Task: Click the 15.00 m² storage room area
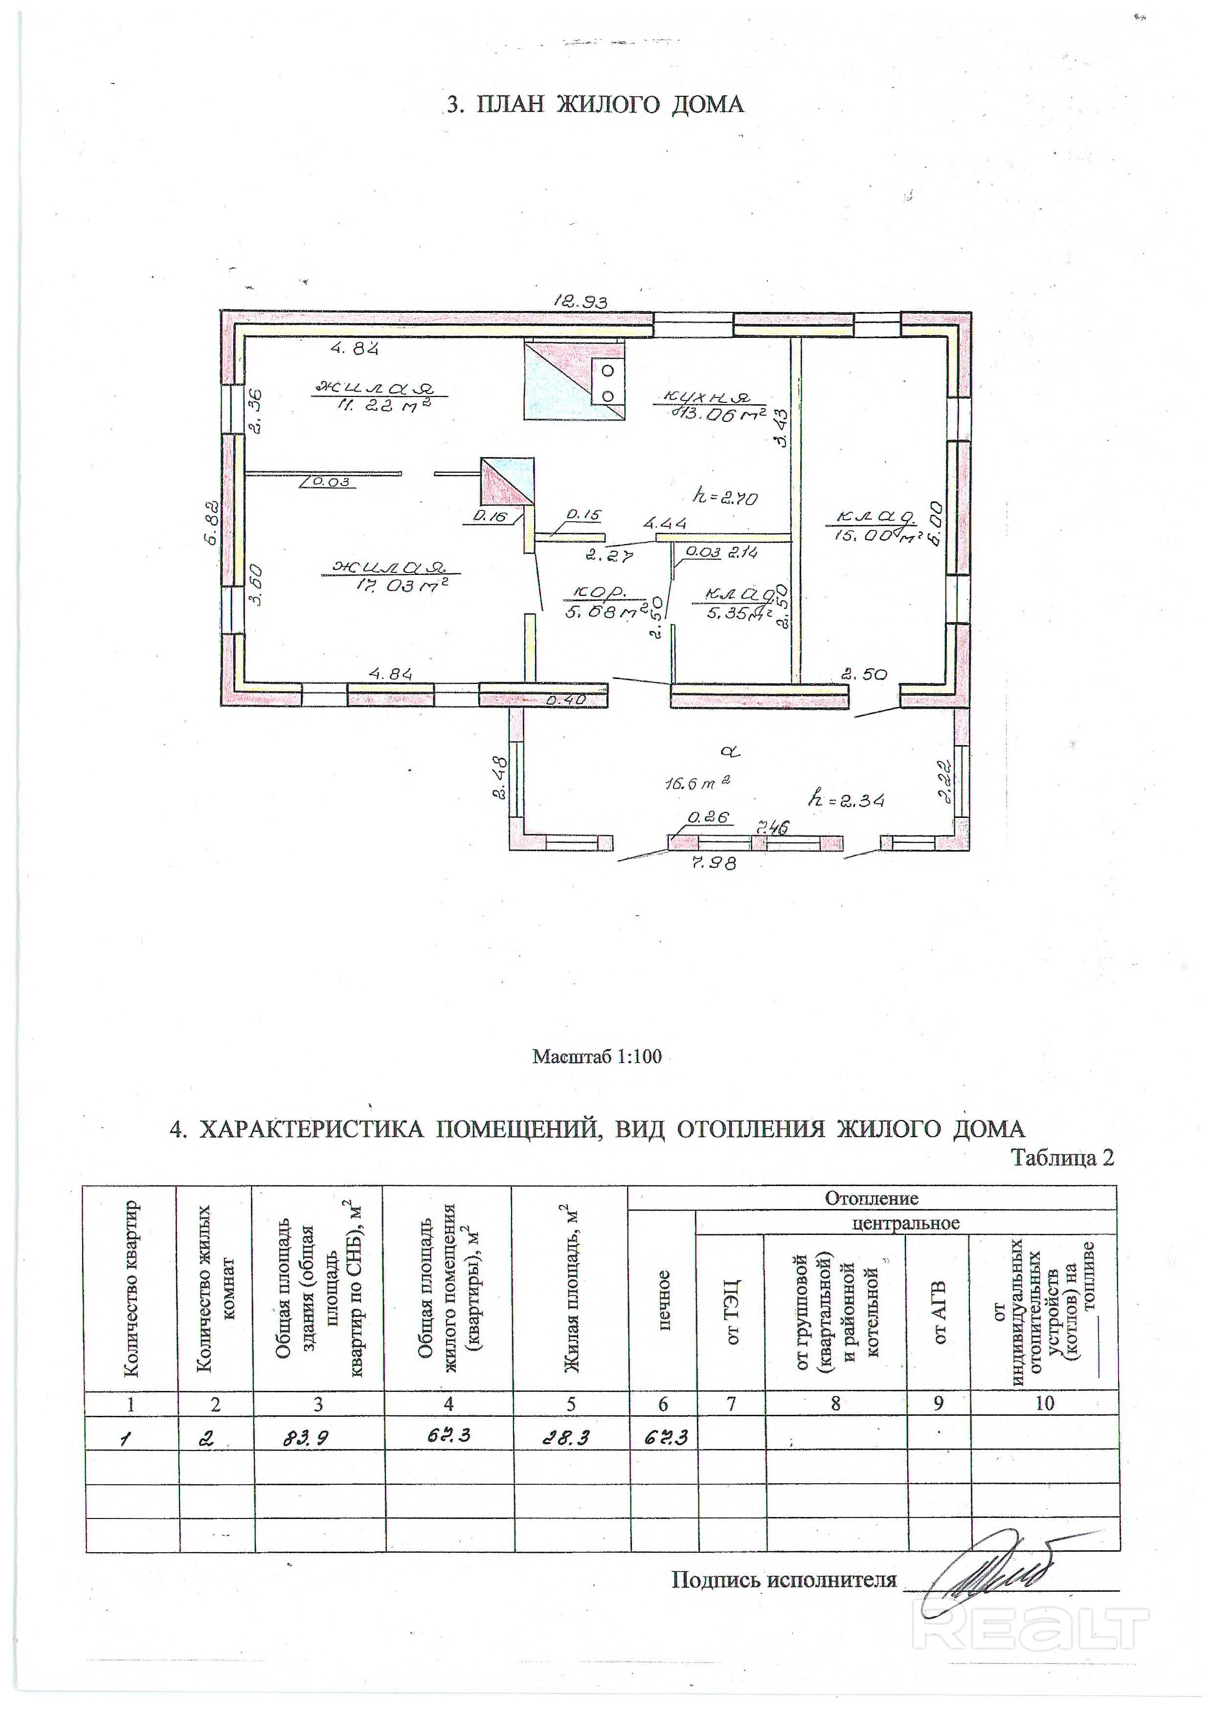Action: [873, 535]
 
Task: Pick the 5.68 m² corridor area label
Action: [604, 613]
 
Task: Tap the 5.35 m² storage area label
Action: [737, 613]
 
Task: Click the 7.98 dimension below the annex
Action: [714, 863]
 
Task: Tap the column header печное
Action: [662, 1300]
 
